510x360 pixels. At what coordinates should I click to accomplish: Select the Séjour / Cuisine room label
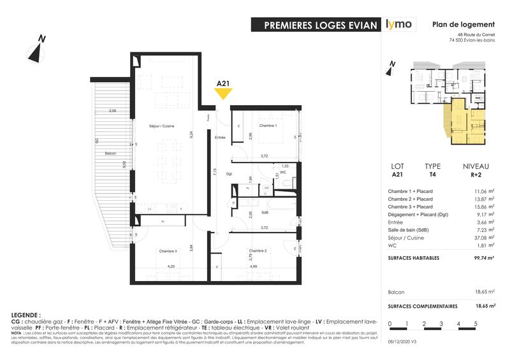[162, 126]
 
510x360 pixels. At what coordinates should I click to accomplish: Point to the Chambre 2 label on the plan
[257, 250]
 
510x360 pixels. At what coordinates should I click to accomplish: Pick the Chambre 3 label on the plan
[168, 250]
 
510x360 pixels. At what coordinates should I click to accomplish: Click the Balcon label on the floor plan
[110, 154]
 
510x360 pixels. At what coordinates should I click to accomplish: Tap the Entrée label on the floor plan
[220, 138]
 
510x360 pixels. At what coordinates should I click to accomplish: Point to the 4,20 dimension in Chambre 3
[171, 266]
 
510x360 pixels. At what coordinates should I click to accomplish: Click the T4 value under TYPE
[432, 174]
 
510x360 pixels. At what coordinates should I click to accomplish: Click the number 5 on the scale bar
[475, 324]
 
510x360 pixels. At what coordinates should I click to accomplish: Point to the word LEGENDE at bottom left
[26, 315]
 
